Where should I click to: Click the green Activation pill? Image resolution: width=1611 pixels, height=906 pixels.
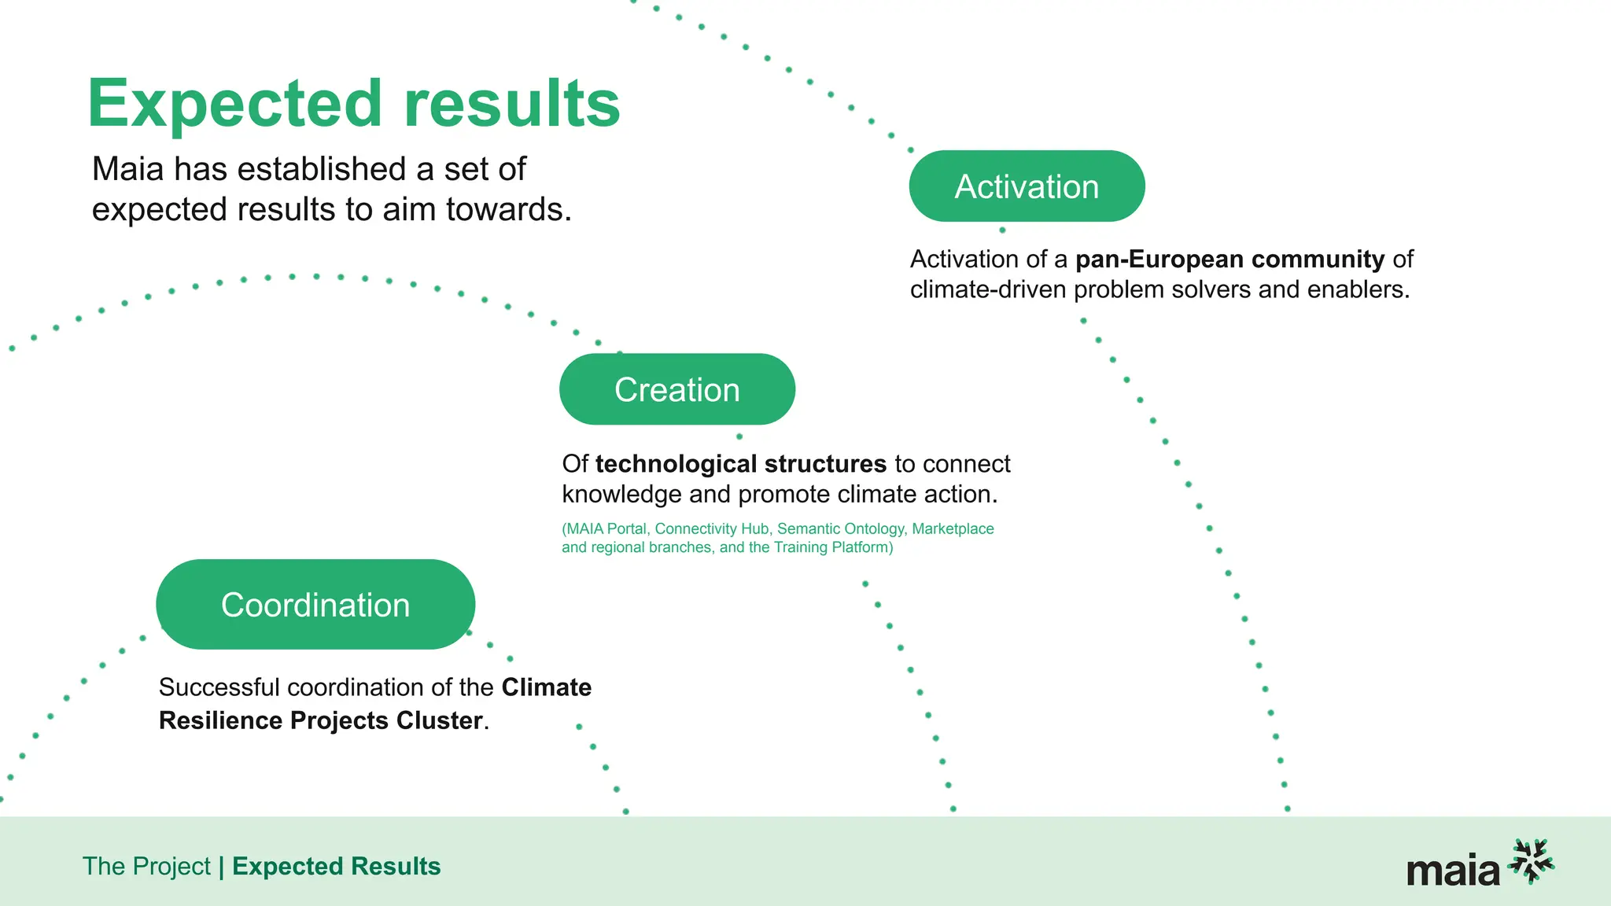[1027, 186]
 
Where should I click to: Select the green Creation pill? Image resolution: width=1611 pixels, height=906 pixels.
[676, 389]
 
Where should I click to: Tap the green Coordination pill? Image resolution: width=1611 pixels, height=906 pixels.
[315, 605]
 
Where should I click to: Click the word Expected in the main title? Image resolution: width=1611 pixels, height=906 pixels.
[234, 104]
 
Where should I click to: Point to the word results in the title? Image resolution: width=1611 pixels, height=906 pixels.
[512, 104]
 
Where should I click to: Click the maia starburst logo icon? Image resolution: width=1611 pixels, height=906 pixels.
[1531, 861]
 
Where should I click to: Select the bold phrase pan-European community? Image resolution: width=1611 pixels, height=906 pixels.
[1229, 259]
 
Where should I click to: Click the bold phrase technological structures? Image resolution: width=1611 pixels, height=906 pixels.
[740, 464]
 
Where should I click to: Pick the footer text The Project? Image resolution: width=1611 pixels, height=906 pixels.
[146, 866]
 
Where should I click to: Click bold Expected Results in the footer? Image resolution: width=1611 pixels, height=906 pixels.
[336, 866]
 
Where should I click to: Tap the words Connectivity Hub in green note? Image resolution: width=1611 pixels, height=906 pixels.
[712, 529]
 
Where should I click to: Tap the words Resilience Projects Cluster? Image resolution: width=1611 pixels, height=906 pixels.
[321, 720]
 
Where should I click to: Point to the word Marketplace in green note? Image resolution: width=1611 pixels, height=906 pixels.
[953, 529]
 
